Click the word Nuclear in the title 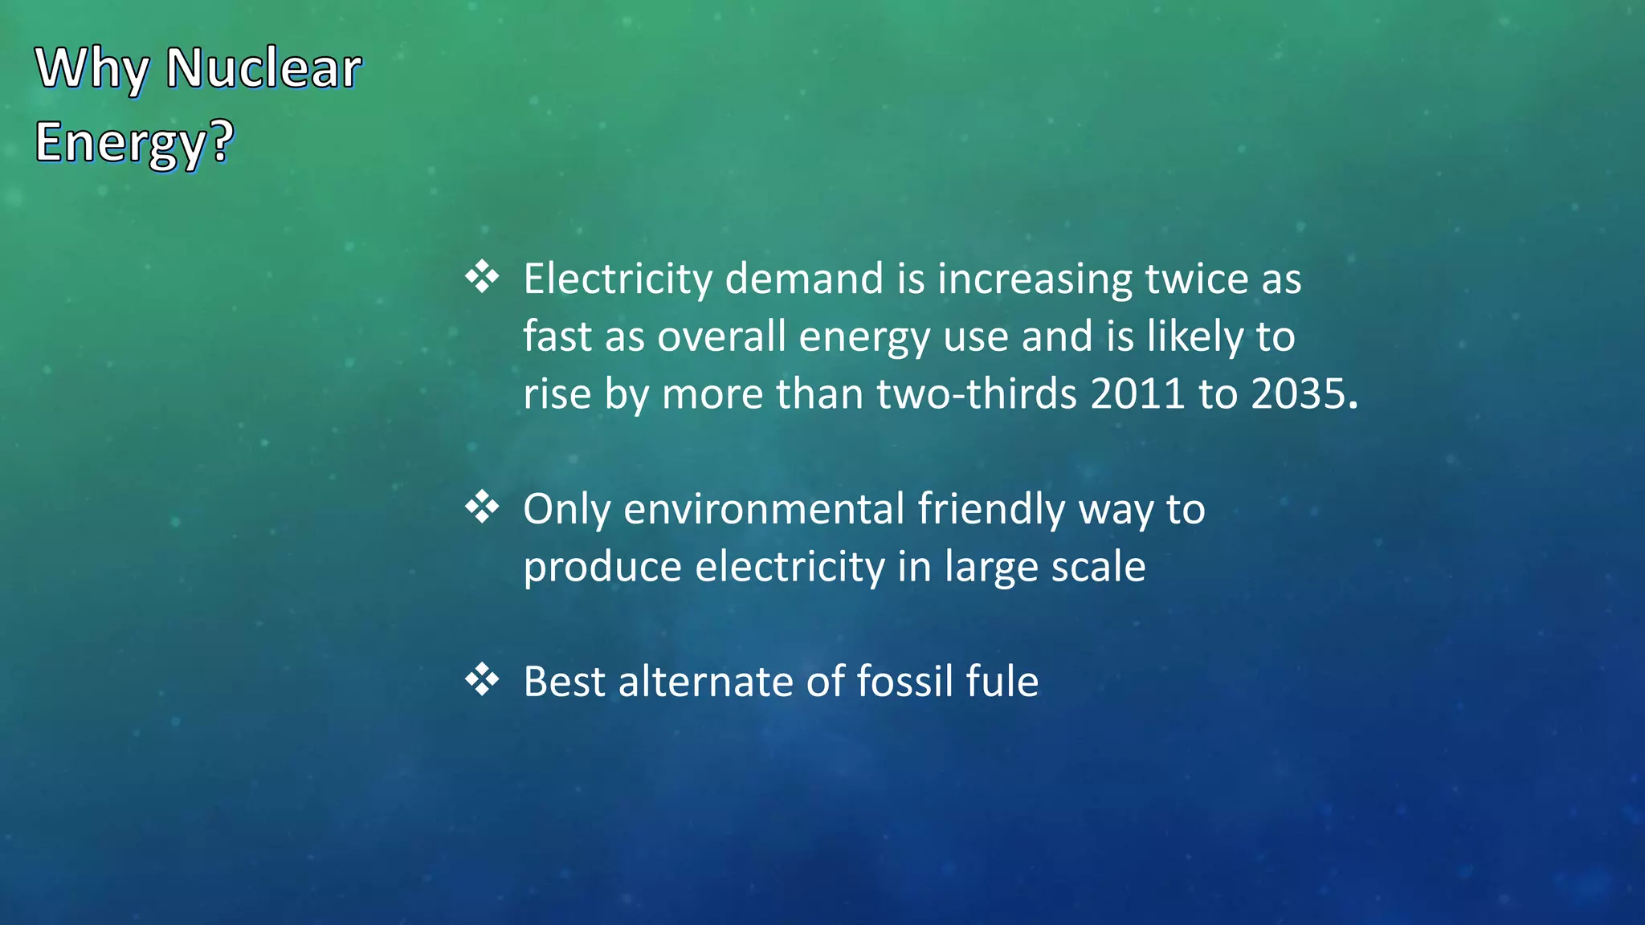point(263,68)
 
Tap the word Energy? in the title point(134,142)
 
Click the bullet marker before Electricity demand point(482,277)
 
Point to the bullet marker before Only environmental point(482,507)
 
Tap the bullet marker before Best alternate point(482,680)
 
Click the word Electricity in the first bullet point(618,279)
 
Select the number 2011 point(1137,394)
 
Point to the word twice point(1196,279)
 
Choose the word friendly point(991,509)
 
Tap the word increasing point(1035,279)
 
